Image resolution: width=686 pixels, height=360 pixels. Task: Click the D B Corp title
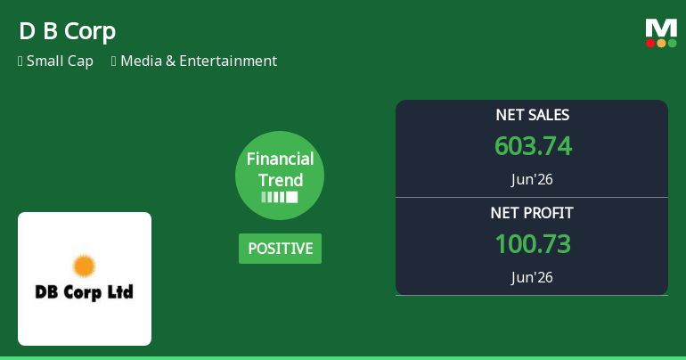(68, 31)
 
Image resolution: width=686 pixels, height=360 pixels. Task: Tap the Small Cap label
(60, 61)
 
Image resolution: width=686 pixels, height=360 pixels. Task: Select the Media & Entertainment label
(199, 61)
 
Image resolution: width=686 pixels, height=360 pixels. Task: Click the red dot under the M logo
(650, 43)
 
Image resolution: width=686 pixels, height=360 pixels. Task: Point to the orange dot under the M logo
(661, 43)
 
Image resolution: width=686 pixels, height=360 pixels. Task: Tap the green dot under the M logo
(672, 43)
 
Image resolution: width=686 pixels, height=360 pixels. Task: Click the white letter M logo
(661, 29)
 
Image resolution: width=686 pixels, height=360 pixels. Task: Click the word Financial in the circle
(280, 159)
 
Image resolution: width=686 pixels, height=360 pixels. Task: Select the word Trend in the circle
(281, 180)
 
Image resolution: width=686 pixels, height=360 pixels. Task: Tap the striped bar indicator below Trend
(280, 197)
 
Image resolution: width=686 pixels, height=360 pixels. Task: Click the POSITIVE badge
(280, 249)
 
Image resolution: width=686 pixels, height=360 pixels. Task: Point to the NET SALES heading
(533, 115)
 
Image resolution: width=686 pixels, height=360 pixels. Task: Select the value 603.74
(533, 146)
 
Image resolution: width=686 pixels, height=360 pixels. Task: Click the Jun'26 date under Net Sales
(532, 179)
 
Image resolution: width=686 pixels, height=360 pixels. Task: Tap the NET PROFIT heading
(532, 213)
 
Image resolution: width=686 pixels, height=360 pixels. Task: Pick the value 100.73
(533, 244)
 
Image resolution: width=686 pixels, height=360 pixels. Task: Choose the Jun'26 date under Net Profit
(532, 277)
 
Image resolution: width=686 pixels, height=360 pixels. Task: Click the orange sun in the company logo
(84, 266)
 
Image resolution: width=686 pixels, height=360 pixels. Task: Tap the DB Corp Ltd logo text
(84, 292)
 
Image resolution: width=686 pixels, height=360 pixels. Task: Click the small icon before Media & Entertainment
(114, 61)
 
